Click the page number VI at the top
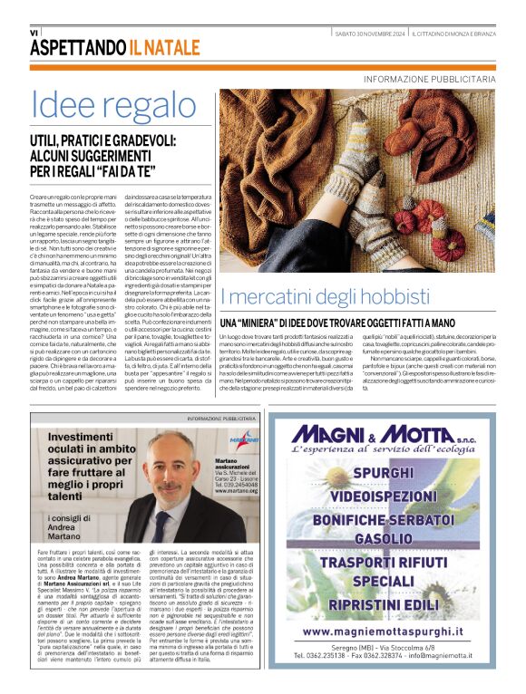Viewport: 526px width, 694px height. click(x=34, y=33)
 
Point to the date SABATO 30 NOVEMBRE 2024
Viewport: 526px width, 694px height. click(x=370, y=34)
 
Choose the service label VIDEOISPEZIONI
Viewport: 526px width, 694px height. click(x=383, y=496)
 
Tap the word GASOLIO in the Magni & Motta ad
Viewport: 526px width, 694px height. click(x=384, y=539)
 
